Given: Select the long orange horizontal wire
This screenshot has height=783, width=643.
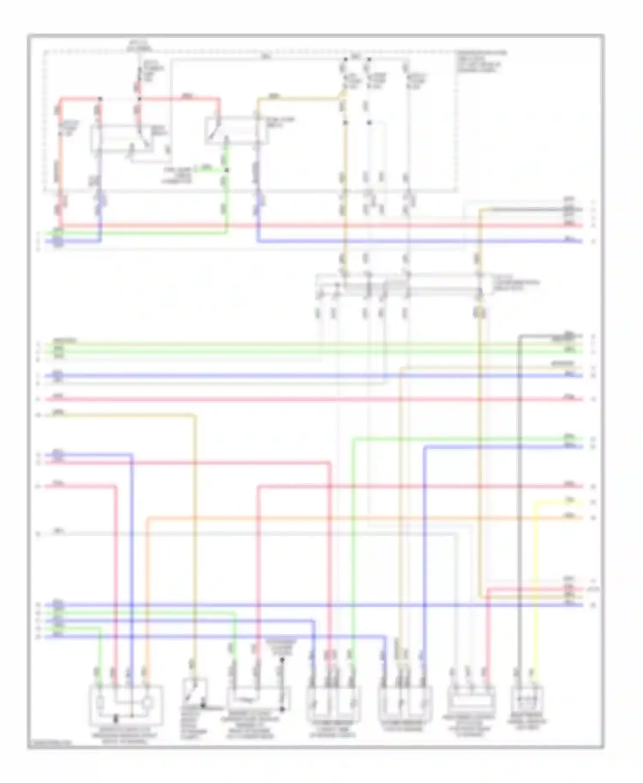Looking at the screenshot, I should [x=343, y=518].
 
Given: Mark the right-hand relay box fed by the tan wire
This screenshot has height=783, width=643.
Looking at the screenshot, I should [x=237, y=129].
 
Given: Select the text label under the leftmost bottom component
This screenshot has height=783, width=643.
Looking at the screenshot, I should [x=124, y=738].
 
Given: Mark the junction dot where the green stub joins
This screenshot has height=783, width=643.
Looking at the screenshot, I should [x=227, y=170].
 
